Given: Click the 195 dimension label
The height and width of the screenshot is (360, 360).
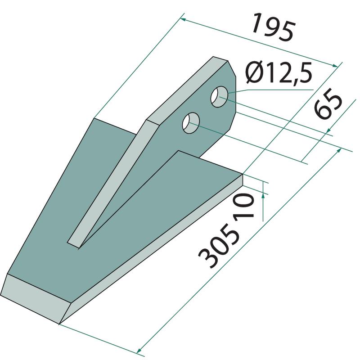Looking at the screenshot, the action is point(273,27).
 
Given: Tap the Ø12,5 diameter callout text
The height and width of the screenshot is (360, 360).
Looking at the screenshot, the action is point(279,73).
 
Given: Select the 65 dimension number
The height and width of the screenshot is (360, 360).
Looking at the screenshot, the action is point(328,103).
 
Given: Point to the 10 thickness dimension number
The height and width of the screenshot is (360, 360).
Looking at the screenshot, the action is point(244,206).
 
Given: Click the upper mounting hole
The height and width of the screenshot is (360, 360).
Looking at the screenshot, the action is point(219,97).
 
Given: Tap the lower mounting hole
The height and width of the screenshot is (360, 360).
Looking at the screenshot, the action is point(191,123).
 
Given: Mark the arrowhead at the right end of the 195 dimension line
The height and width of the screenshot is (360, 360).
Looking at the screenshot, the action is point(335,65).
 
